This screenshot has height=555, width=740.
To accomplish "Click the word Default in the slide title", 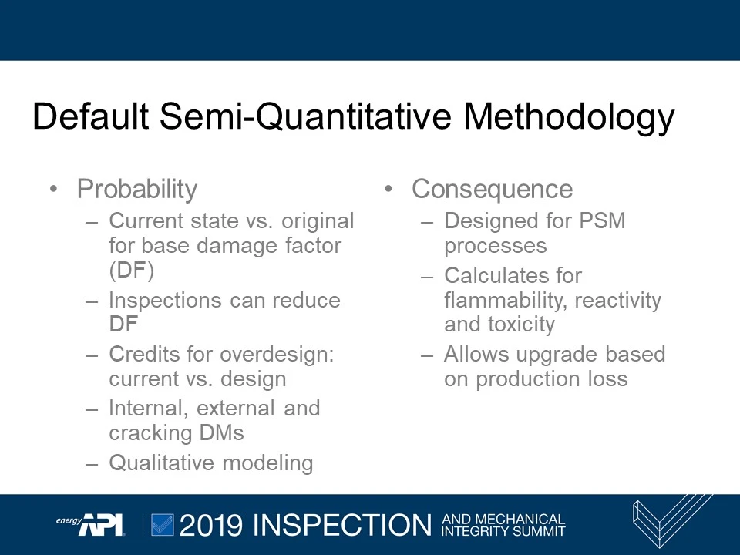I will [90, 117].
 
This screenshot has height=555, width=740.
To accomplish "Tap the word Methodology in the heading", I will [569, 117].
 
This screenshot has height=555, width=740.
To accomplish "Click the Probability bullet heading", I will [137, 189].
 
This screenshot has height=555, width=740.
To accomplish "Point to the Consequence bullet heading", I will [492, 189].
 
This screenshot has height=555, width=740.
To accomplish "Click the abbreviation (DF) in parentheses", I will [132, 271].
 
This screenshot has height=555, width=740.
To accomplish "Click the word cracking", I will [152, 433].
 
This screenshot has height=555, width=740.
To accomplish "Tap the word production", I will [524, 379].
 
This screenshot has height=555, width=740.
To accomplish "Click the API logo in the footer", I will [99, 523].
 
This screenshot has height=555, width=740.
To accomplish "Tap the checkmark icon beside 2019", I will [163, 524].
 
